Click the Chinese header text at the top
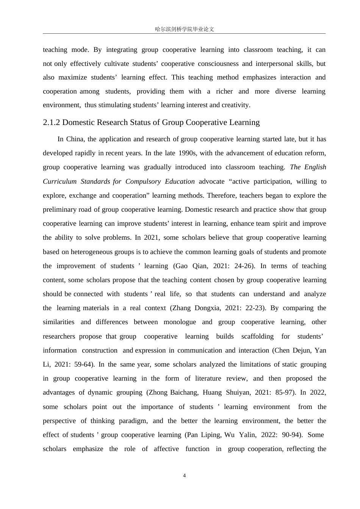pyautogui.click(x=184, y=29)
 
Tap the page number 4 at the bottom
pyautogui.click(x=184, y=476)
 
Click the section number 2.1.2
pyautogui.click(x=52, y=122)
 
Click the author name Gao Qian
pyautogui.click(x=191, y=266)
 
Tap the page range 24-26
pyautogui.click(x=244, y=266)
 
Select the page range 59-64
pyautogui.click(x=84, y=364)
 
